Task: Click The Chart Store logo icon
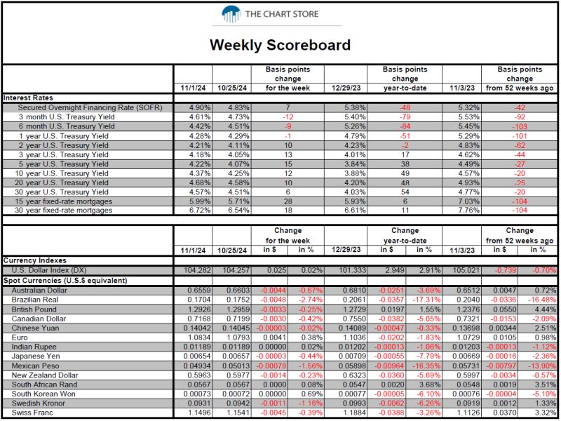click(231, 14)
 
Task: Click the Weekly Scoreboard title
click(280, 45)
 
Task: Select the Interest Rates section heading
click(28, 98)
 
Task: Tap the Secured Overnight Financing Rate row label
click(90, 107)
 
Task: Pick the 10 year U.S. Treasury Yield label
click(62, 173)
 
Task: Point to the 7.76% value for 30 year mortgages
click(468, 210)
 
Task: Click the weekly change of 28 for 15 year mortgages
click(288, 201)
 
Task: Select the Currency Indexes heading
click(35, 260)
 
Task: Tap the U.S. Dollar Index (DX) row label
click(49, 270)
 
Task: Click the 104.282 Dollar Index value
click(198, 270)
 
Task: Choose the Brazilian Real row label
click(35, 300)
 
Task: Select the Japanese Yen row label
click(36, 356)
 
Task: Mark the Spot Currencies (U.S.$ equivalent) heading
click(65, 280)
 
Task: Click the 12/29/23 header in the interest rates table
click(346, 88)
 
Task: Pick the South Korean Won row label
click(43, 394)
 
